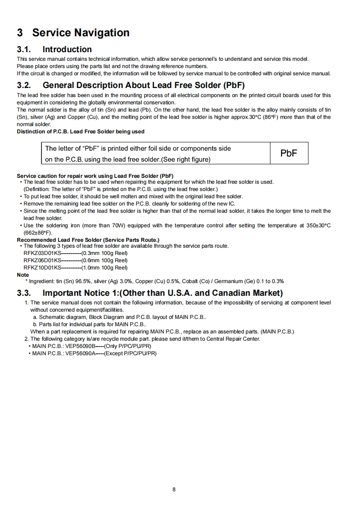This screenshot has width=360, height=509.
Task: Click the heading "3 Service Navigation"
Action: tap(73, 33)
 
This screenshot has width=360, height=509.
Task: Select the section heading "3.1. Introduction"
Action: tap(54, 49)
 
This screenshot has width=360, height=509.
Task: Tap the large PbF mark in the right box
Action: tap(289, 153)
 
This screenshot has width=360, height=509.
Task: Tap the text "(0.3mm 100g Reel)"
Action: tap(104, 253)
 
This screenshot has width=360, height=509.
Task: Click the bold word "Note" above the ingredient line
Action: tap(23, 274)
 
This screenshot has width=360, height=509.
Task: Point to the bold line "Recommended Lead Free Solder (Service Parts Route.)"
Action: tap(88, 240)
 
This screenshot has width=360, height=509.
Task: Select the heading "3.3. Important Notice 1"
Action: tap(149, 293)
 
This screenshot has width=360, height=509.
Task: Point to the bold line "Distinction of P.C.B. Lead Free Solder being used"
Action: tap(80, 132)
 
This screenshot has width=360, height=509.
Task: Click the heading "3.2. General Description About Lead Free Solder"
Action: tap(143, 85)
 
